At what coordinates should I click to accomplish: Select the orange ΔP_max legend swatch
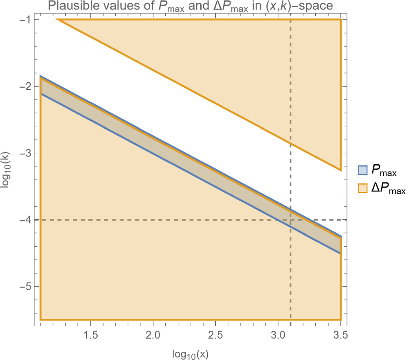click(361, 188)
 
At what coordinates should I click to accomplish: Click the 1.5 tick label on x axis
click(90, 336)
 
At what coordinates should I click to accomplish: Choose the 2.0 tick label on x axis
click(153, 336)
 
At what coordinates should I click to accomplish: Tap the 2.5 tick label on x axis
click(215, 336)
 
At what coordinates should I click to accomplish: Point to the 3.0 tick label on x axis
click(278, 336)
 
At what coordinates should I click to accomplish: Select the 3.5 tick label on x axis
click(340, 336)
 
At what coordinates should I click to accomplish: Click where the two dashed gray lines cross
click(290, 220)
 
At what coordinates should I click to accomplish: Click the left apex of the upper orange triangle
click(57, 20)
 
